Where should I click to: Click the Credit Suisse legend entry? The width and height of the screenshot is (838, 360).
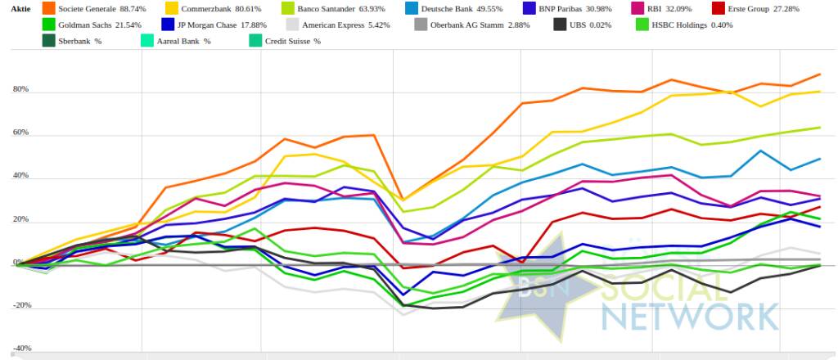coord(291,41)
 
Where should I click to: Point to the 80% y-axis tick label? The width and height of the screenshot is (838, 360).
coord(20,90)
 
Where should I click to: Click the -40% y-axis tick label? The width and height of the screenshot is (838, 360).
coord(20,349)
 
